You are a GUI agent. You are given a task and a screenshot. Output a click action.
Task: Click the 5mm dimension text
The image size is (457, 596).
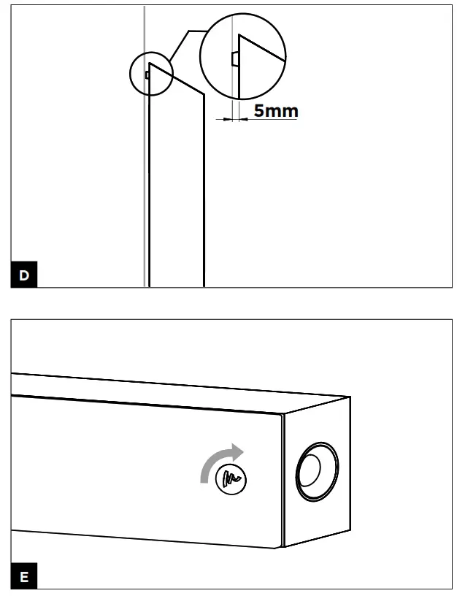pyautogui.click(x=276, y=111)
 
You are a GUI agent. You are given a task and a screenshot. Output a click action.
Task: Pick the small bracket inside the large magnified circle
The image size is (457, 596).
pyautogui.click(x=232, y=58)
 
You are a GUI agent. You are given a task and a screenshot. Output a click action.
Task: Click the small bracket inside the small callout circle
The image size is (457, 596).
pyautogui.click(x=147, y=74)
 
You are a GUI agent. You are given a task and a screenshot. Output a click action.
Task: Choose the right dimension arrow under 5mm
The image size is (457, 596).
pyautogui.click(x=244, y=118)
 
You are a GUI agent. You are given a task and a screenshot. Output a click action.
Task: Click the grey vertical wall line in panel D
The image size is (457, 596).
pyautogui.click(x=145, y=183)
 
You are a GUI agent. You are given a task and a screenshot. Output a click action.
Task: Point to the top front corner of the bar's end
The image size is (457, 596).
pyautogui.click(x=283, y=415)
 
